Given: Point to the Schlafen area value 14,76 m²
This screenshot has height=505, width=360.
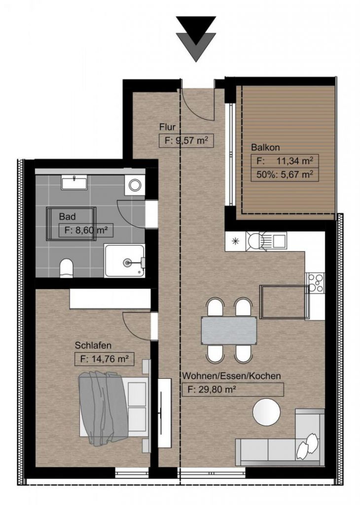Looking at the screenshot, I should [104, 359].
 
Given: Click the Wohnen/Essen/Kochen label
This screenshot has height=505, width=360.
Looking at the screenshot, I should [232, 376].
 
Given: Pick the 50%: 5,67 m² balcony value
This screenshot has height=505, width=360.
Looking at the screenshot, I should [283, 174].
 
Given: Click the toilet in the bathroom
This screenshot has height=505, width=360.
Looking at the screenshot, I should [66, 269].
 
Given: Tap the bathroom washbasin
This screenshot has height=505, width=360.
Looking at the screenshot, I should [74, 182].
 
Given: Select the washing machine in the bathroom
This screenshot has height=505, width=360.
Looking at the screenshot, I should [134, 185].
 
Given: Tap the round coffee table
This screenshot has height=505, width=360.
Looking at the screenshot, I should [266, 411].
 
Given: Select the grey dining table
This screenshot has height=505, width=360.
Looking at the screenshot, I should [229, 330].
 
